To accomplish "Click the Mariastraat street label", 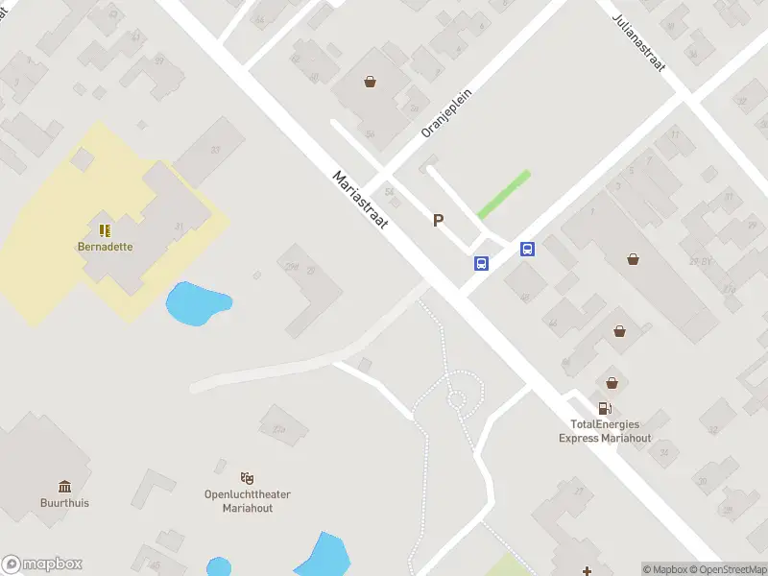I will coord(359,200).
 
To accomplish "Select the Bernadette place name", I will coord(106,246).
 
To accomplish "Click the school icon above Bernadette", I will coord(105,230).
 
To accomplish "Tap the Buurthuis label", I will coord(64,502).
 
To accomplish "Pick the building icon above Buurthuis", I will coord(64,486).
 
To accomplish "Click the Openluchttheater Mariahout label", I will coord(248,501).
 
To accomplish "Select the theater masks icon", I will coord(248,477).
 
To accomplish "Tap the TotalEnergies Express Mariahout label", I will coord(605,431).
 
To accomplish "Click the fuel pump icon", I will coord(605,408).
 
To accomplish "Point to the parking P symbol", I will coord(439,221).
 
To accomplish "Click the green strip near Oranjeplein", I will coord(504,194).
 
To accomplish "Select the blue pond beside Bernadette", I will coord(198,302).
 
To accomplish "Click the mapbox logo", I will coord(42,564).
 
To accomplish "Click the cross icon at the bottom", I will coord(587,545).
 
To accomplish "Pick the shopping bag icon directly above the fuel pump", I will coord(611,381).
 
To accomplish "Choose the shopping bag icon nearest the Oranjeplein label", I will coord(370,82).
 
